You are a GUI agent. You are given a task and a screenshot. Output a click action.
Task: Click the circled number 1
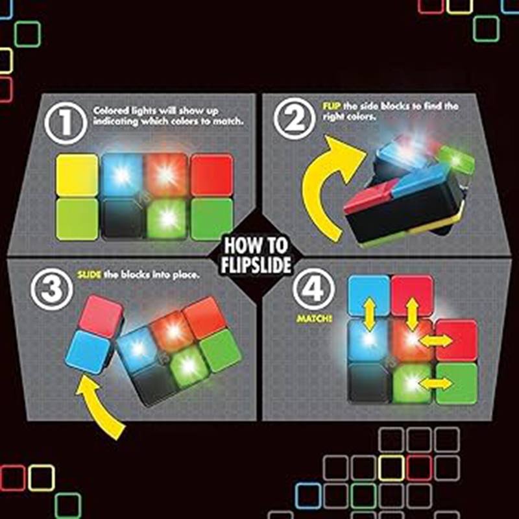[65, 123]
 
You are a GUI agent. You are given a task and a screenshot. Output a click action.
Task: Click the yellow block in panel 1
[77, 175]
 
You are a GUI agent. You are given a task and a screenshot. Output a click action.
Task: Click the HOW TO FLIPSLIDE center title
[258, 256]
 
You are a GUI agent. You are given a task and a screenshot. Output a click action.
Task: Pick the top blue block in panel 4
[368, 295]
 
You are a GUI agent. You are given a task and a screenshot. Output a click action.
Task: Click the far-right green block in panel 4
[457, 383]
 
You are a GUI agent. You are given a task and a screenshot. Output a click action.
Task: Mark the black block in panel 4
[368, 383]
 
